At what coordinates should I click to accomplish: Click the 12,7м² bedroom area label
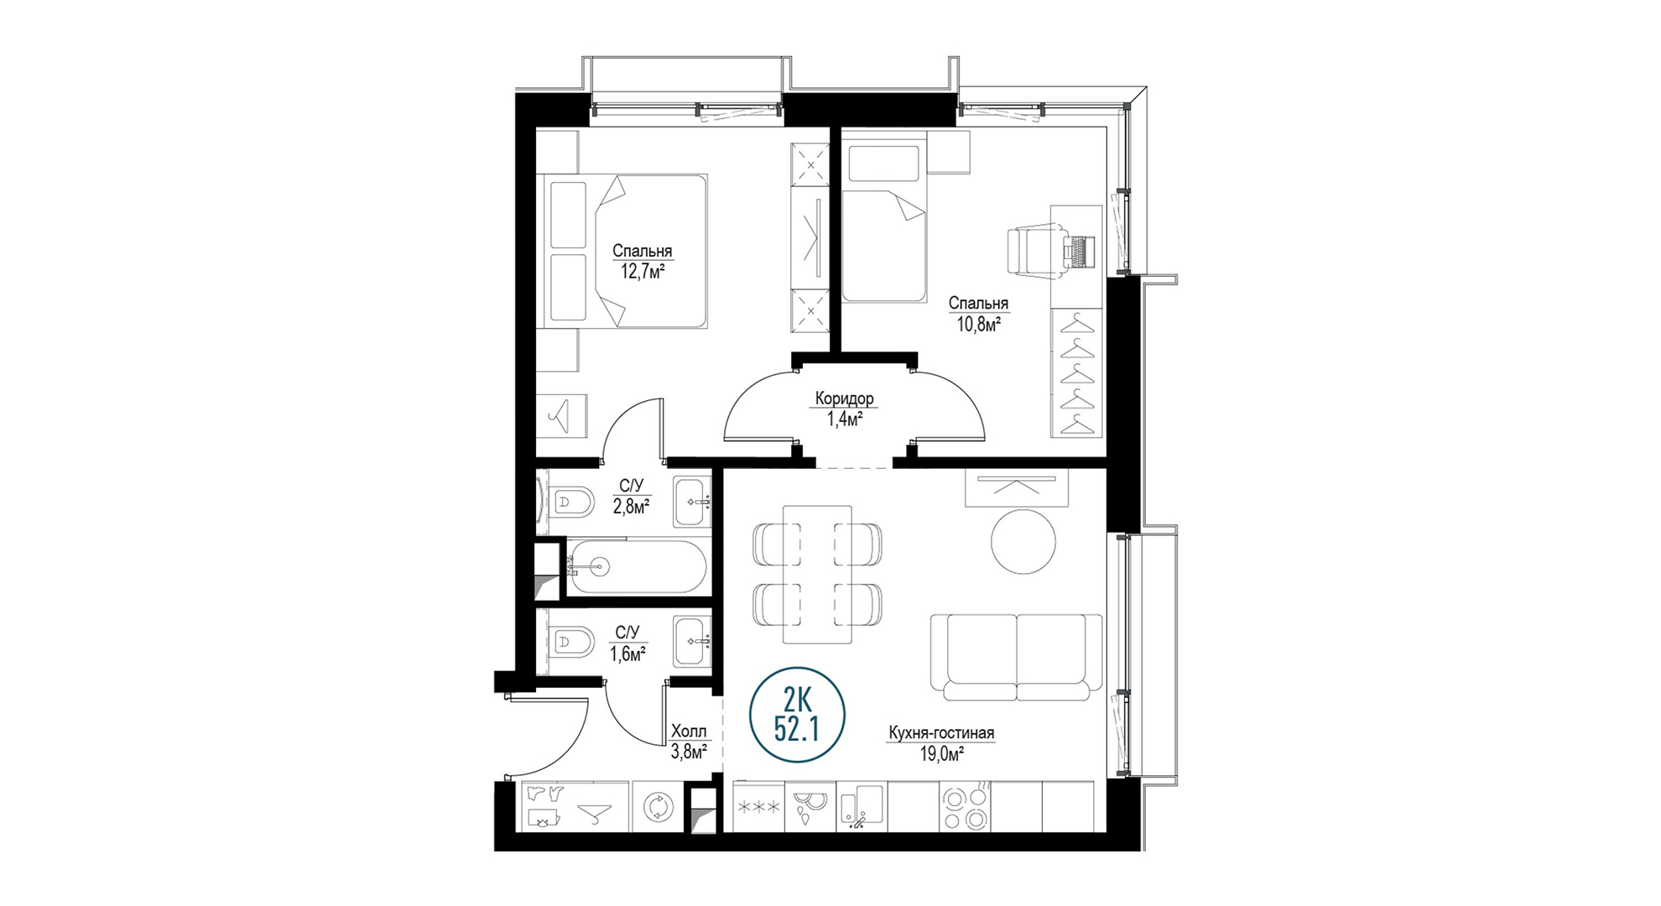[x=643, y=271]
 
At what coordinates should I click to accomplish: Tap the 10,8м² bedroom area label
[x=979, y=324]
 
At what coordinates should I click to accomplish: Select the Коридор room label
[x=844, y=398]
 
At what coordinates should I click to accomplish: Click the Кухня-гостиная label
[x=941, y=733]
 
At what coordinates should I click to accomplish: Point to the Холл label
[x=689, y=732]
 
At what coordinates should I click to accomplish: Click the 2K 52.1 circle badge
[x=797, y=716]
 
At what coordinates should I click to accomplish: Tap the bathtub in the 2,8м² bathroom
[x=637, y=567]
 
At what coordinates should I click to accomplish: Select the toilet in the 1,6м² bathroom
[x=570, y=643]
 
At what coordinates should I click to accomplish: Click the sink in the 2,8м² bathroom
[x=692, y=502]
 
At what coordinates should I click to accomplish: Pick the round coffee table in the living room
[x=1023, y=541]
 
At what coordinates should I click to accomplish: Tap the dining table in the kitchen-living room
[x=817, y=574]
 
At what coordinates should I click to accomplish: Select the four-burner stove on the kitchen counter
[x=965, y=807]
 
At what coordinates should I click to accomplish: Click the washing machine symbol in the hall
[x=658, y=807]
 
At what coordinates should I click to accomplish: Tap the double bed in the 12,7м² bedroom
[x=626, y=251]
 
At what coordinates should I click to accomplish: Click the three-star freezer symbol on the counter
[x=758, y=807]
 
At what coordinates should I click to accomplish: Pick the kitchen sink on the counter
[x=862, y=807]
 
